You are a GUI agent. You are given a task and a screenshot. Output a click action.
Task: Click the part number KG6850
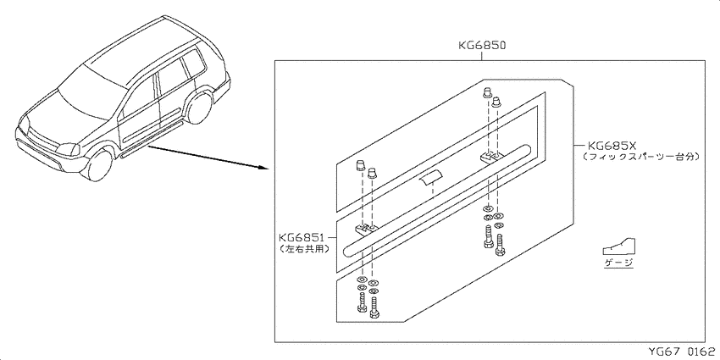[x=482, y=46]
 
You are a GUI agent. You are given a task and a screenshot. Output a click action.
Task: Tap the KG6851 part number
[x=302, y=237]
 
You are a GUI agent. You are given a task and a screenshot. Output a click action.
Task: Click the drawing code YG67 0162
[x=681, y=352]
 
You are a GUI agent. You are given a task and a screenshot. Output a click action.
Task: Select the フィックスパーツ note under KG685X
[x=641, y=157]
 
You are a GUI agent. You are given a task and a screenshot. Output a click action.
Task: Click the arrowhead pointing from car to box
[x=264, y=168]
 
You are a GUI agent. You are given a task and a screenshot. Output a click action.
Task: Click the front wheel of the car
[x=100, y=165]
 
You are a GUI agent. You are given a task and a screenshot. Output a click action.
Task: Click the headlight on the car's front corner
[x=67, y=149]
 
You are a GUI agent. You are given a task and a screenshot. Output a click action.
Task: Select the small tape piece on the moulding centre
[x=429, y=177]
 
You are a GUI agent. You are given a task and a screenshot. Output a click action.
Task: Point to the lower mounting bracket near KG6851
[x=366, y=228]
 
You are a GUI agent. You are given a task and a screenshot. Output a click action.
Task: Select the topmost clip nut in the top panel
[x=487, y=93]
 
